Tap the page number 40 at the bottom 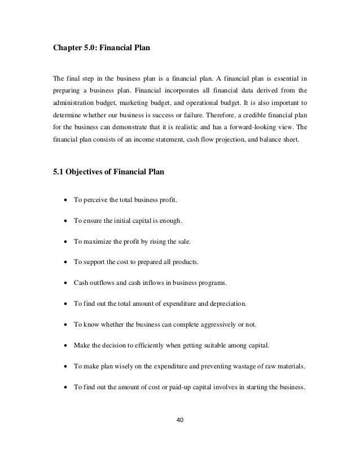[x=179, y=419]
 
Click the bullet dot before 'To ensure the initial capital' [x=67, y=221]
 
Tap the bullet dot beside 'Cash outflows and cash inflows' [x=67, y=283]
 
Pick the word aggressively [x=221, y=324]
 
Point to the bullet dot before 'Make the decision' [x=67, y=345]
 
